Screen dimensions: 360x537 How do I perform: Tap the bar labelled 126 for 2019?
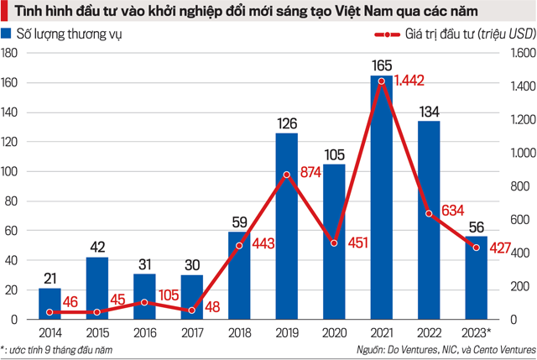click(x=286, y=227)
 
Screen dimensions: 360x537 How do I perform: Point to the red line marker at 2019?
click(x=286, y=175)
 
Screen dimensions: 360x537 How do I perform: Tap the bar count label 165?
click(x=381, y=63)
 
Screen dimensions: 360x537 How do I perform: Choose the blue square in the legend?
click(x=8, y=34)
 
